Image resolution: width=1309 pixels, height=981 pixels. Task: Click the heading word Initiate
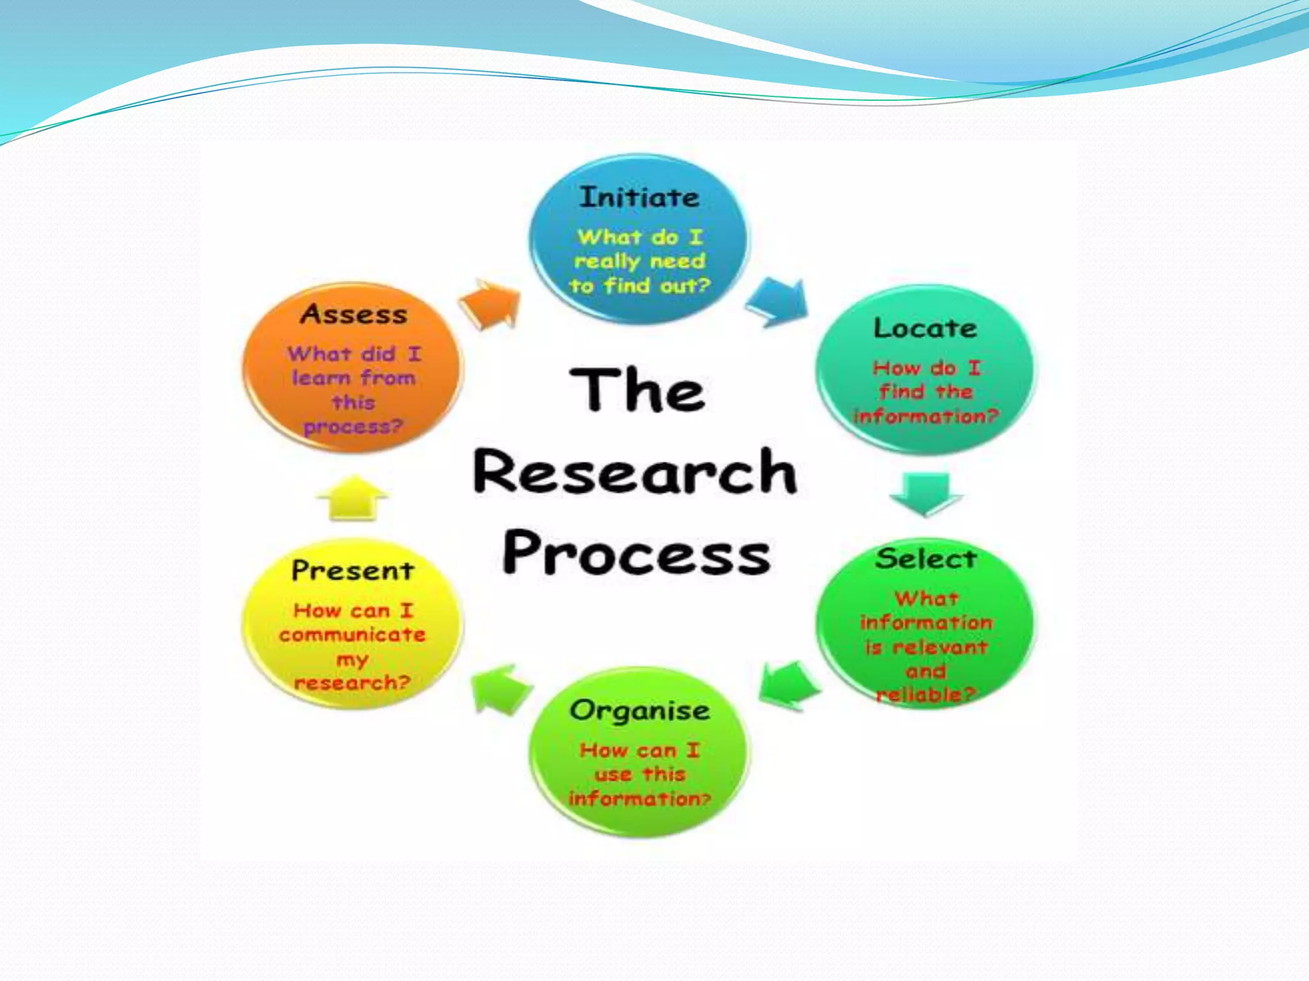point(639,197)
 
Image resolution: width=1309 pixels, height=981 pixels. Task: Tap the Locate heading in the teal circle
point(925,328)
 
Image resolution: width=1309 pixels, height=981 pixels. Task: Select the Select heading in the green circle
point(926,559)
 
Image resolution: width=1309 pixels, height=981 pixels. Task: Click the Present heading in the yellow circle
point(353,570)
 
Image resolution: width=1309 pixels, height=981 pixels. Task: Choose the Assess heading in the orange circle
point(353,314)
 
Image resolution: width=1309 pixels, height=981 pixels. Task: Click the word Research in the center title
point(635,471)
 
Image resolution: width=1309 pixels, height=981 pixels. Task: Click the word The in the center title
point(637,390)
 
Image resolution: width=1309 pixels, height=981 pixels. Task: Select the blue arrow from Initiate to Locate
point(778,303)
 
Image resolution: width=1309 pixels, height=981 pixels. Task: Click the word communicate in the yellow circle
point(352,635)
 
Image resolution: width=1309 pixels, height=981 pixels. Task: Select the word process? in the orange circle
point(353,427)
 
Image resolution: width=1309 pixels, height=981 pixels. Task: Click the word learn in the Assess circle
point(321,378)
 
